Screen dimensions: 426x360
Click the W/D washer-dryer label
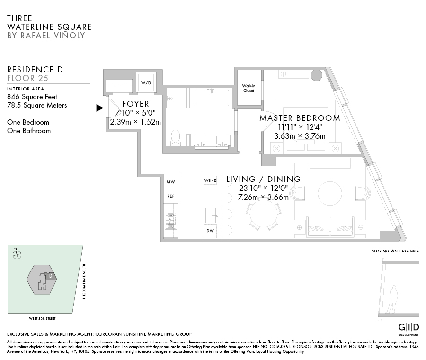(x=145, y=83)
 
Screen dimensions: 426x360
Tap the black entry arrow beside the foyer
(x=99, y=108)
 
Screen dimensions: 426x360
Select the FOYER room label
(x=135, y=104)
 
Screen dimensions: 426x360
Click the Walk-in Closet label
(x=249, y=88)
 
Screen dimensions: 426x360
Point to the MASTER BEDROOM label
(x=300, y=118)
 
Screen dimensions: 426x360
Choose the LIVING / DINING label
(x=263, y=179)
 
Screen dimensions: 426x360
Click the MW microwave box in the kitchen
(x=171, y=181)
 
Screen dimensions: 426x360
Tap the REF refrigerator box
(x=171, y=196)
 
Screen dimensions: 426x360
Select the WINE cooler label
(x=210, y=181)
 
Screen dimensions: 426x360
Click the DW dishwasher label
(x=210, y=231)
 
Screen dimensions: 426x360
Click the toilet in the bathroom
(x=175, y=137)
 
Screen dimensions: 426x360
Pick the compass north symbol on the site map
(x=18, y=254)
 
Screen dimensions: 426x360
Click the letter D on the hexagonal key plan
(x=50, y=275)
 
